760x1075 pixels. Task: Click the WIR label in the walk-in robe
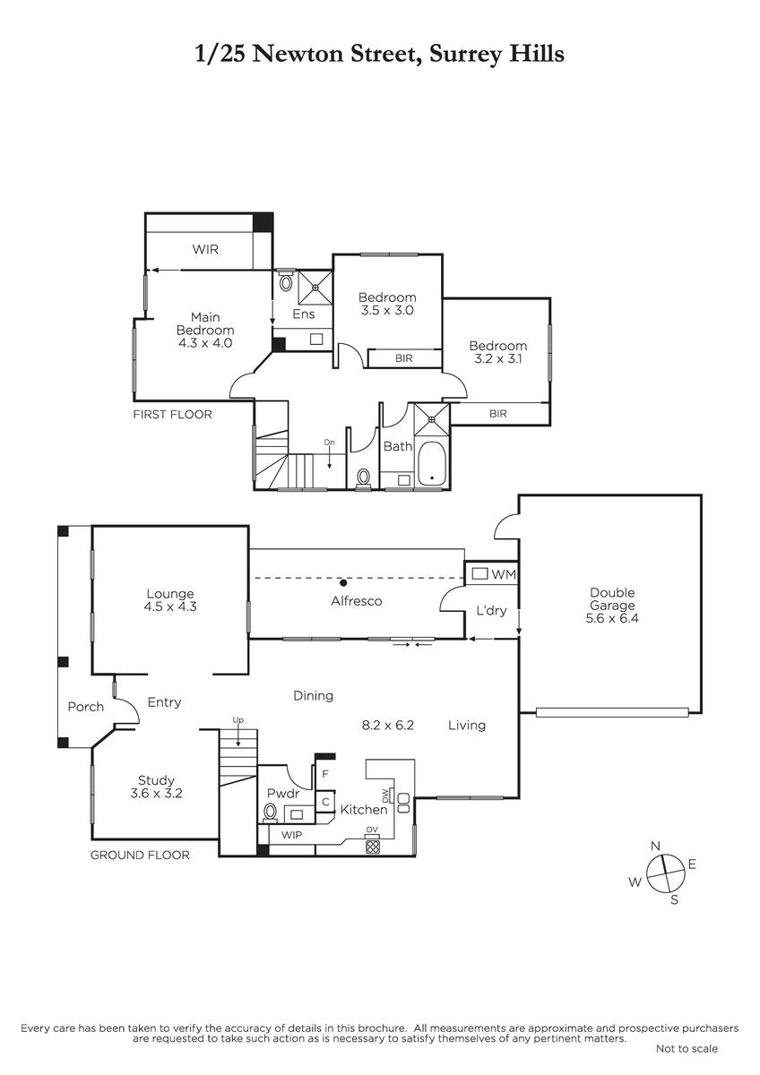coord(205,250)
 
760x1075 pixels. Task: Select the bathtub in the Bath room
coord(432,463)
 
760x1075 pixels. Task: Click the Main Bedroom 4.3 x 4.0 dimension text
coord(205,343)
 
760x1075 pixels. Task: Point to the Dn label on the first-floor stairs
coord(329,442)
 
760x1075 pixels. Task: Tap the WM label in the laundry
coord(504,574)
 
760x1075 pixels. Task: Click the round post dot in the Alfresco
coord(343,582)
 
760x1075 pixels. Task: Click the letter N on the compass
coord(655,846)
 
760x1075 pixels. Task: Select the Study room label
coord(156,780)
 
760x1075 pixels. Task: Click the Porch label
coord(85,707)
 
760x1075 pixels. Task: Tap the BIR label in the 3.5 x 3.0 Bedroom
coord(404,358)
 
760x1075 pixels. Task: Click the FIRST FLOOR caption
coord(172,414)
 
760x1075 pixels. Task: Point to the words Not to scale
coord(687,1049)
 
